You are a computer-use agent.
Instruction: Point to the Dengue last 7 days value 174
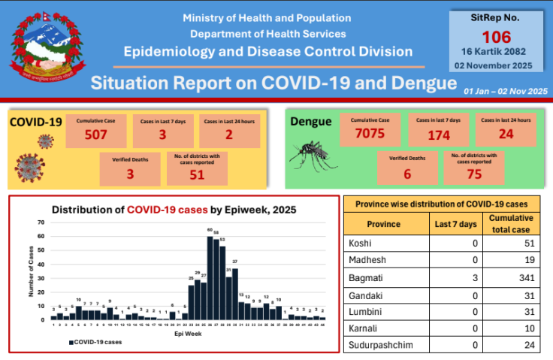[x=438, y=135]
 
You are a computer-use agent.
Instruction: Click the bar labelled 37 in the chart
[x=235, y=293]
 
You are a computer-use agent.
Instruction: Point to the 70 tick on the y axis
[x=40, y=223]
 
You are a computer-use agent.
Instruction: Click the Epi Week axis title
[x=187, y=333]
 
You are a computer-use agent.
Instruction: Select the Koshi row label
[x=361, y=244]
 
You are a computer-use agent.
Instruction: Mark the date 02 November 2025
[x=497, y=65]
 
